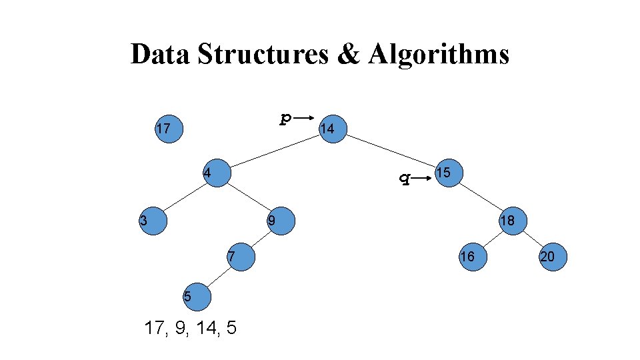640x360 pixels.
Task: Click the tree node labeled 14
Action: pyautogui.click(x=331, y=129)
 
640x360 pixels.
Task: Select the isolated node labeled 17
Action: pyautogui.click(x=167, y=129)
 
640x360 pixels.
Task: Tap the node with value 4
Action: pyautogui.click(x=216, y=173)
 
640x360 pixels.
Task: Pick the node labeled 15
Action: pyautogui.click(x=448, y=173)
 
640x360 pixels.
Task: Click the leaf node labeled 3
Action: pyautogui.click(x=153, y=221)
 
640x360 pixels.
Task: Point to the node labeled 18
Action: pyautogui.click(x=511, y=221)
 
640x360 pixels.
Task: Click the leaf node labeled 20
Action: pyautogui.click(x=553, y=257)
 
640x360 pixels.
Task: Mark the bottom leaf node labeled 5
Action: pyautogui.click(x=197, y=295)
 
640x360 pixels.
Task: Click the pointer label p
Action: pyautogui.click(x=285, y=118)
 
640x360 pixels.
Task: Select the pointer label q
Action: pyautogui.click(x=402, y=177)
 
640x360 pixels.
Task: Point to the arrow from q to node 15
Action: pyautogui.click(x=421, y=179)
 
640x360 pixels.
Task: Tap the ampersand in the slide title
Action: pyautogui.click(x=347, y=54)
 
